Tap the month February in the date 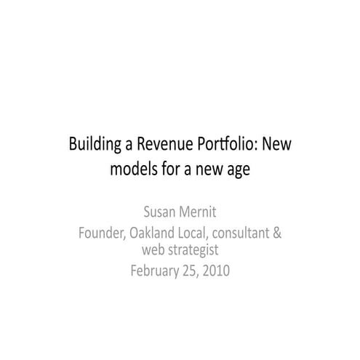tap(155, 271)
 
